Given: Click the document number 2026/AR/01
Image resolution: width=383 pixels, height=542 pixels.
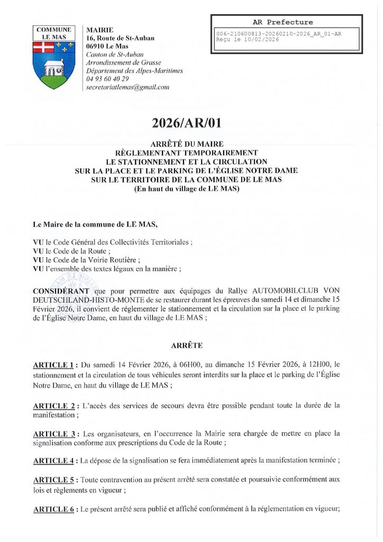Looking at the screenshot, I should coord(186,124).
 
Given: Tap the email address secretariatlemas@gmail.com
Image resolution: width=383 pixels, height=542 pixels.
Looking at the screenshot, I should coord(127,87).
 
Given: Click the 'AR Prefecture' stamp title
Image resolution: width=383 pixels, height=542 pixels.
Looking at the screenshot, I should coord(282,22).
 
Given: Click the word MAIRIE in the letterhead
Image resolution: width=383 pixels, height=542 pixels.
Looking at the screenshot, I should coord(99,30).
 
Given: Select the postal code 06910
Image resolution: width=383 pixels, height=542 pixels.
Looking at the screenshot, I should coord(98,47).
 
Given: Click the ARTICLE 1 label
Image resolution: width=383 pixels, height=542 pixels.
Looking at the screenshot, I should coord(55,365).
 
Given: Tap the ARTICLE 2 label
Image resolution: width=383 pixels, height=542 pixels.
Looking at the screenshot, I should coord(55,405).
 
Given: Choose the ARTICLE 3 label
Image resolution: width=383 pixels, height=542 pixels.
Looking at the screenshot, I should coord(55,433).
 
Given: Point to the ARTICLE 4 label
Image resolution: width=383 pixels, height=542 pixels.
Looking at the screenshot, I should coord(55,460).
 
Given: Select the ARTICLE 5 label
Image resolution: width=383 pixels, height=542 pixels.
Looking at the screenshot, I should coord(55,480).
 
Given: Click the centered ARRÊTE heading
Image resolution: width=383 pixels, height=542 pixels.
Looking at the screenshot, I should coord(186,345).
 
